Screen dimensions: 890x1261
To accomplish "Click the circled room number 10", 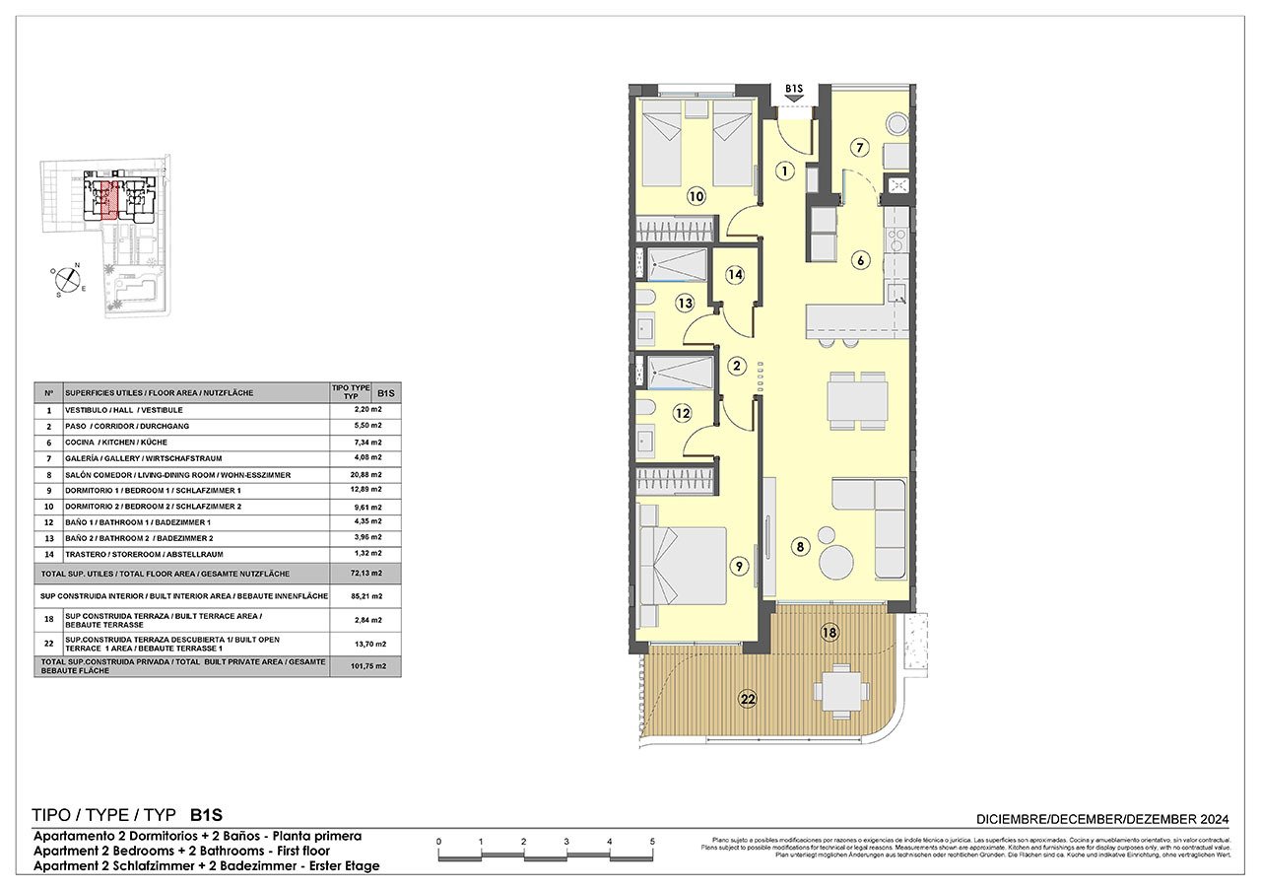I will (697, 196).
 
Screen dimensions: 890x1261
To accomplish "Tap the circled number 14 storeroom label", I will (734, 275).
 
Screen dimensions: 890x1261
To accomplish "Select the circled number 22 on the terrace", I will (749, 699).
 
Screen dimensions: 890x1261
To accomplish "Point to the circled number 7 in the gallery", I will (859, 149).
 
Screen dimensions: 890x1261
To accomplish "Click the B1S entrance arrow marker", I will (795, 94).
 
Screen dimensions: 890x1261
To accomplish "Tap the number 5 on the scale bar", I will (652, 841).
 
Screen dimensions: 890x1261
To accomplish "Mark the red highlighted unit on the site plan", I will (110, 197).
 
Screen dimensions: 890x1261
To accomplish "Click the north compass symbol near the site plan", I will (67, 280).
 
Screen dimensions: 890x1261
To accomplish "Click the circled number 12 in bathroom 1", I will (682, 414).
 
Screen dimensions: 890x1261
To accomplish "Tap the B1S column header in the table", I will (387, 391).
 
